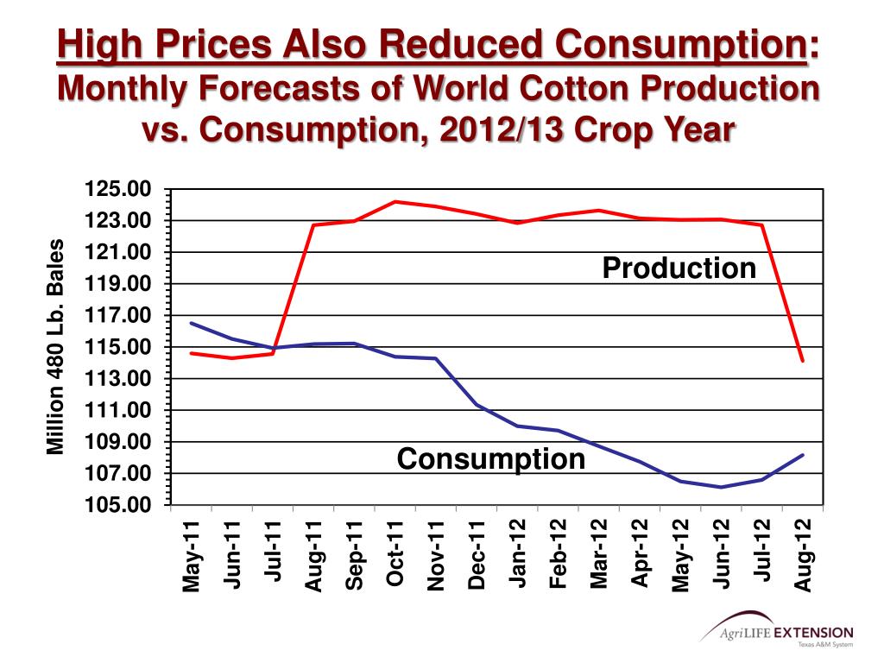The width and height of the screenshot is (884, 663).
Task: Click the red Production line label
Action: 679,268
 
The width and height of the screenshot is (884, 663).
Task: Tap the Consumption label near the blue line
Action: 490,458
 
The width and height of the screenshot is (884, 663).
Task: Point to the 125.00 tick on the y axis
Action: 117,189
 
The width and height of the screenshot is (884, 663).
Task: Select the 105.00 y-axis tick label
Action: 117,505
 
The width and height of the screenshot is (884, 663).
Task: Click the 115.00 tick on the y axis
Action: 117,347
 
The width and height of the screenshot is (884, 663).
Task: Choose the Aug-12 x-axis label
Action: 803,555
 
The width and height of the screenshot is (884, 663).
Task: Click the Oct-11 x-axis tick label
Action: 395,553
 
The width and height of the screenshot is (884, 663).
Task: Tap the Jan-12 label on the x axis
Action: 518,553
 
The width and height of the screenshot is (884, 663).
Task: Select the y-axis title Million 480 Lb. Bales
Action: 55,346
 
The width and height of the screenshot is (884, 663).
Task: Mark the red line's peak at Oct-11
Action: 395,202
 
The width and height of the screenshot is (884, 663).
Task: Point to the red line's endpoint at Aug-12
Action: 803,361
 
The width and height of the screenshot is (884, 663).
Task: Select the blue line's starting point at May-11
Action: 191,323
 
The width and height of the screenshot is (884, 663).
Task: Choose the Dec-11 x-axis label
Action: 477,553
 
